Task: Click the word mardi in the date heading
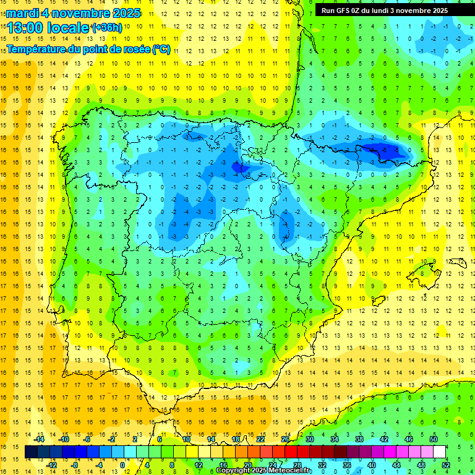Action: point(20,13)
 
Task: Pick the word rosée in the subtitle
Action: point(134,49)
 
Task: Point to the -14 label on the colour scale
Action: point(39,439)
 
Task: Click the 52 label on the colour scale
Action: point(446,465)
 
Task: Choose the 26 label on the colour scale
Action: point(285,439)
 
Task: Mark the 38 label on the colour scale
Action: point(359,439)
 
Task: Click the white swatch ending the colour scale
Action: point(439,452)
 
